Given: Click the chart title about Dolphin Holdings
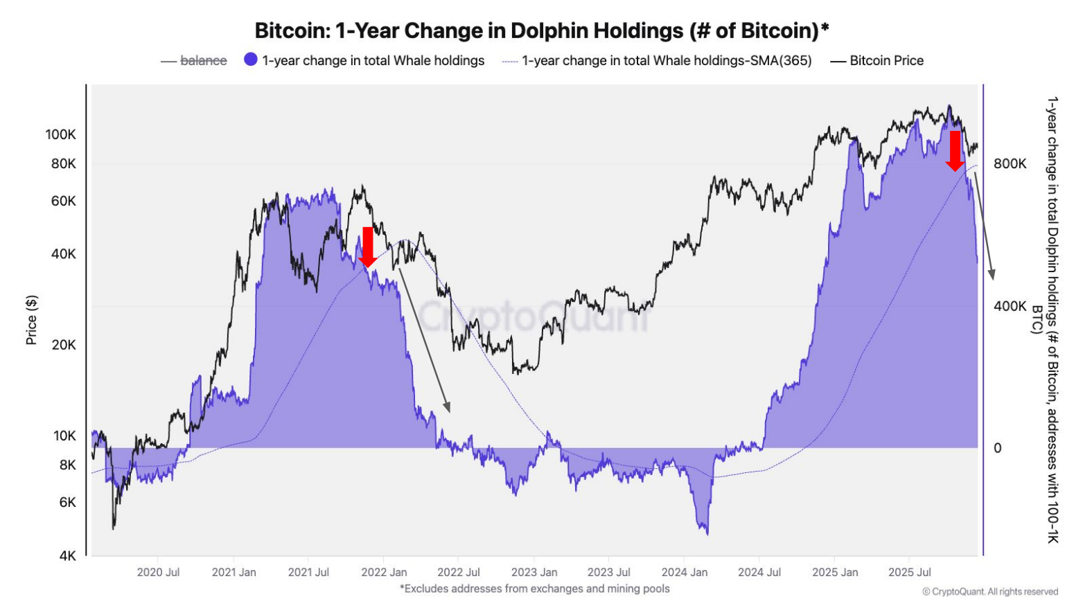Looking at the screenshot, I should click(541, 30).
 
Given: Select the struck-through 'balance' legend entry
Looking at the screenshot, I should click(203, 61).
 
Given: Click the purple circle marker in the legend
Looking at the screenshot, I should click(251, 60).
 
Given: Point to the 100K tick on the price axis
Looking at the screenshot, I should click(61, 134).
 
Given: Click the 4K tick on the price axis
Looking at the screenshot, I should click(67, 555).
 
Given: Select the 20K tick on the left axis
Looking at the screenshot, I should click(64, 345).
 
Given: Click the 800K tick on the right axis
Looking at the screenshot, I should click(1010, 163).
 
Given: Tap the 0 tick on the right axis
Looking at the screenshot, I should click(997, 448).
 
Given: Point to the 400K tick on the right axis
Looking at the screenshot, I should click(1010, 306).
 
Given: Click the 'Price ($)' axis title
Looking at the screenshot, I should click(31, 320).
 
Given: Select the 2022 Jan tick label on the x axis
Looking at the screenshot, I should click(384, 572).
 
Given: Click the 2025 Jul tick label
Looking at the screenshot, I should click(909, 572).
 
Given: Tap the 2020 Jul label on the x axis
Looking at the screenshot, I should click(158, 572).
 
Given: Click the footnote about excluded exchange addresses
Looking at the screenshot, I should click(534, 589).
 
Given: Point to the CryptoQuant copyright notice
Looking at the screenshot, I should click(989, 591).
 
